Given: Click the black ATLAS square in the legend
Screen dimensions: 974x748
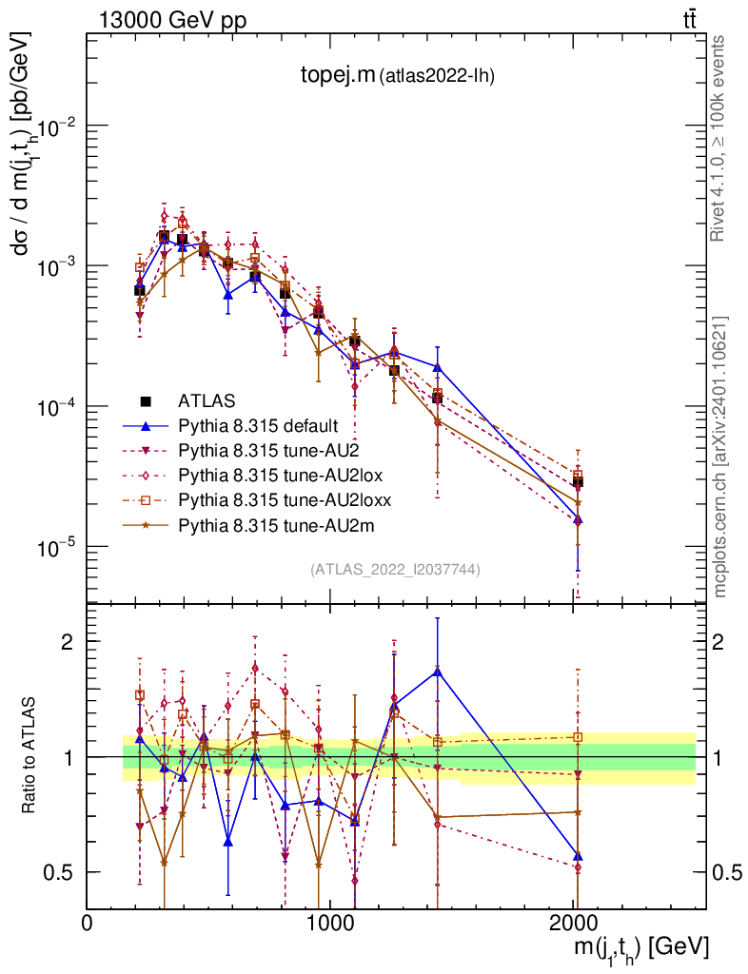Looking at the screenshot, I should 146,400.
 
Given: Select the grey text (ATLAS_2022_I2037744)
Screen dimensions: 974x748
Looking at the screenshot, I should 395,570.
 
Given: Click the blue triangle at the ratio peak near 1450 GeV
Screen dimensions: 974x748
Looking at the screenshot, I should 437,672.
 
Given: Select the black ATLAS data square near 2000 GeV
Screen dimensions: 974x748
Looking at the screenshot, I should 577,481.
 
